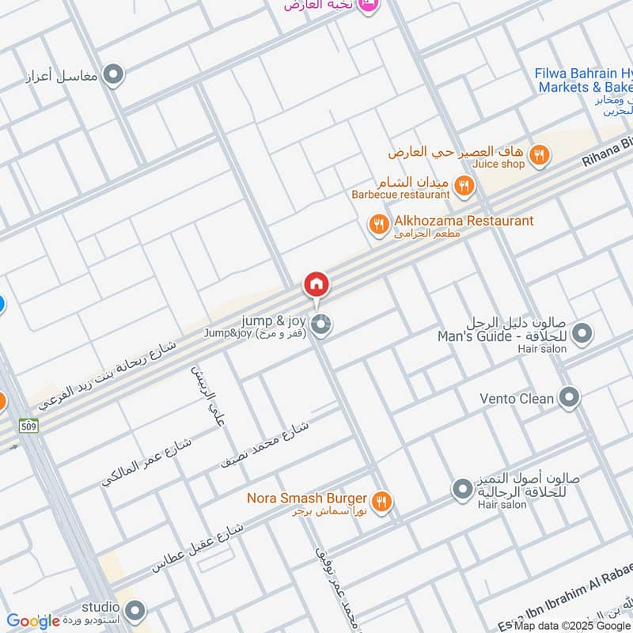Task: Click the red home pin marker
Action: click(x=316, y=284)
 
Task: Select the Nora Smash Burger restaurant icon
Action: click(x=381, y=500)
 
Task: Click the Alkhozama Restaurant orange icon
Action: click(x=379, y=226)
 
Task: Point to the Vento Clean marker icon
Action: click(x=568, y=398)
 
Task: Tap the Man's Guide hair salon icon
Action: click(x=582, y=334)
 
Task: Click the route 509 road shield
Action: click(x=29, y=425)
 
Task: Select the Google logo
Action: click(x=33, y=621)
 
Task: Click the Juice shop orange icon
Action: click(x=539, y=156)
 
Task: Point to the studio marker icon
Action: click(x=135, y=610)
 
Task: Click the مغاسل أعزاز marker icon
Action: click(x=115, y=75)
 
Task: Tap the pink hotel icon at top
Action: click(x=366, y=6)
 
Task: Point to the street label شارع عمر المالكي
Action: click(x=146, y=461)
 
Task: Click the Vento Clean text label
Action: click(x=517, y=399)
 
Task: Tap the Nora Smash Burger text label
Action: click(x=306, y=498)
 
